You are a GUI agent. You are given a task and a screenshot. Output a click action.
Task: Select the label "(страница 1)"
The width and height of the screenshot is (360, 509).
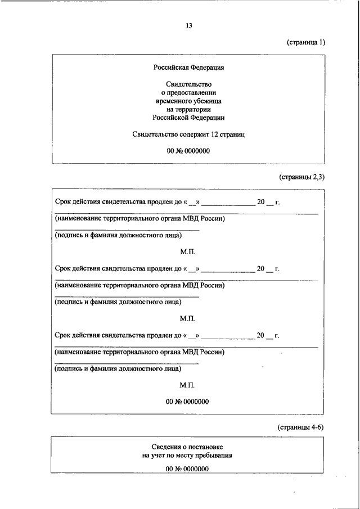(305, 42)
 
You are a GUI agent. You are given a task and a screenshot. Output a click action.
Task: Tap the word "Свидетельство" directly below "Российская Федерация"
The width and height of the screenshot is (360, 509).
(188, 84)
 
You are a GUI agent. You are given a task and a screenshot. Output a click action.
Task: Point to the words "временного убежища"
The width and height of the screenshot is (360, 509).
(188, 101)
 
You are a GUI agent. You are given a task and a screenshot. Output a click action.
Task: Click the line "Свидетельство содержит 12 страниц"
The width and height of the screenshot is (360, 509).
(188, 134)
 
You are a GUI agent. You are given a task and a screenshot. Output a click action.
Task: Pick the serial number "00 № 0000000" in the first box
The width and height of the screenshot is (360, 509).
(188, 151)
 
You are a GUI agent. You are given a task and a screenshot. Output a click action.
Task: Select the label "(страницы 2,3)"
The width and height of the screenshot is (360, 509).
(301, 177)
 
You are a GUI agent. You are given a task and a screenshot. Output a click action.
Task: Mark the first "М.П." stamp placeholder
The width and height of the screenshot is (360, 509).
(187, 252)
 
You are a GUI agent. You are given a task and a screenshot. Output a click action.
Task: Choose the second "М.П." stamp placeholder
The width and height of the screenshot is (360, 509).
(187, 318)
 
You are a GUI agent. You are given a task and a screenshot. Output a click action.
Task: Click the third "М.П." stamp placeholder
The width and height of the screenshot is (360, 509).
(187, 385)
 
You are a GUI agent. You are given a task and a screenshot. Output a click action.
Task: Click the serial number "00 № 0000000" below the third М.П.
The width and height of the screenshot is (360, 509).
(187, 402)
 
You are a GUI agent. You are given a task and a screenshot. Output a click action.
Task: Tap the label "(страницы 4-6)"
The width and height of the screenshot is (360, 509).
(301, 427)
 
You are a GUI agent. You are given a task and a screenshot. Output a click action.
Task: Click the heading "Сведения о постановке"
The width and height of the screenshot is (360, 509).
(187, 447)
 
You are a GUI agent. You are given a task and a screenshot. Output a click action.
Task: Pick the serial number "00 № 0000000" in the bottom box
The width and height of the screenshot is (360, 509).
(187, 469)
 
